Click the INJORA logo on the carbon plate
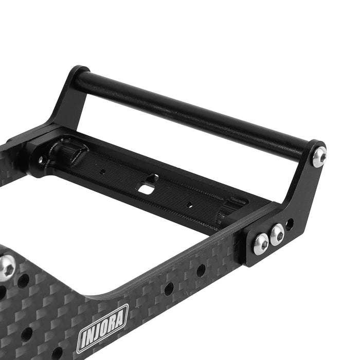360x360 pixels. click(102, 327)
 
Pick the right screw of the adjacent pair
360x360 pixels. click(277, 234)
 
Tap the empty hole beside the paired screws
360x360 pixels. click(291, 224)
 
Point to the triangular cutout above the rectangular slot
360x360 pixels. click(151, 178)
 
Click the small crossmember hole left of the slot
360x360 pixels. click(103, 172)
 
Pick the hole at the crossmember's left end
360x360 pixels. click(41, 160)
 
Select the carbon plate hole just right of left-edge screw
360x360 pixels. click(24, 281)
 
